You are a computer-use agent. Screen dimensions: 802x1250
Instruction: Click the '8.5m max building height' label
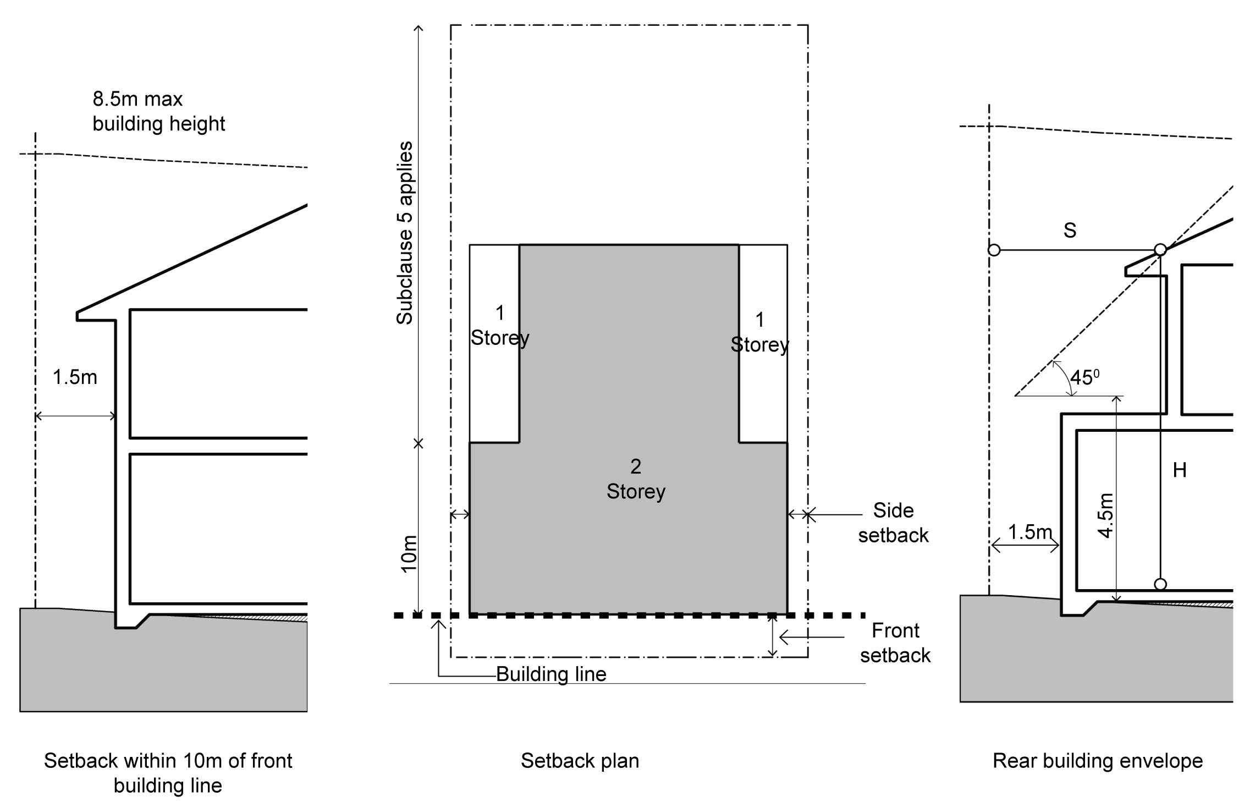tap(158, 111)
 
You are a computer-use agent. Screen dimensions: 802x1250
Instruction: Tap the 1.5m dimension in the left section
tap(75, 377)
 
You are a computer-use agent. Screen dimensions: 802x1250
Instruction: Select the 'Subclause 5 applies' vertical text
tap(405, 233)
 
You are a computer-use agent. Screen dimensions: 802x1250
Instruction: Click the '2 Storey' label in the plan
tap(636, 479)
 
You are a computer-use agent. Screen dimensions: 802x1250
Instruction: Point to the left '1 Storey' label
tap(499, 326)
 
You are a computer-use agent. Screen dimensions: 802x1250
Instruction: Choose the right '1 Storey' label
tap(759, 332)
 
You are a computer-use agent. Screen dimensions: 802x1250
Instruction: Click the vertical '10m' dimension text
tap(409, 554)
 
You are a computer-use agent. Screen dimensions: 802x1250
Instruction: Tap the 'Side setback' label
tap(893, 523)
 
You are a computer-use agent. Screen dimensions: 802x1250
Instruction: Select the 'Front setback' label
tap(895, 642)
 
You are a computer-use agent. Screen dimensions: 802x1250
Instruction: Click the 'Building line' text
tap(551, 674)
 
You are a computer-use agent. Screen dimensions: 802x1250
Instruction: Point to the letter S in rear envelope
tap(1070, 230)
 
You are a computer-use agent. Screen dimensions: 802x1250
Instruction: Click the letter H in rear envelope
tap(1180, 470)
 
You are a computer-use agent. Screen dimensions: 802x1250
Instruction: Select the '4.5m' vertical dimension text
tap(1105, 515)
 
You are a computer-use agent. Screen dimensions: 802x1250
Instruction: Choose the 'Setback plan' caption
tap(580, 761)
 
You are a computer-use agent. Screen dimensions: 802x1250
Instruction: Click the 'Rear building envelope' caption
tap(1098, 761)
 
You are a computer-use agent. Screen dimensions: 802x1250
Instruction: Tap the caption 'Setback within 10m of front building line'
tap(168, 773)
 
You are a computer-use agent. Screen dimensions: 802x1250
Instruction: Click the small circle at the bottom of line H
tap(1160, 584)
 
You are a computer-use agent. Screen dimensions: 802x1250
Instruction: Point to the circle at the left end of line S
tap(994, 250)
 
